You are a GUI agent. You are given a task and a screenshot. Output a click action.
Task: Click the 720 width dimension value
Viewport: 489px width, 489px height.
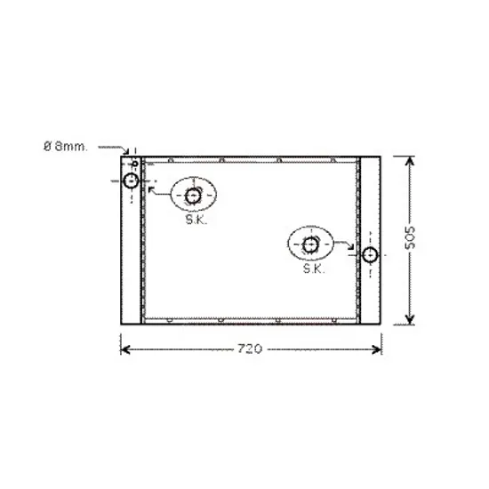[x=250, y=349]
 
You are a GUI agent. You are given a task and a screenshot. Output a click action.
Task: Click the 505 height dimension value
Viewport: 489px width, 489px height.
[x=410, y=237]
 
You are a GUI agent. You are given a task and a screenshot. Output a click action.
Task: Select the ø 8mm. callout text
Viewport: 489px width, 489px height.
[x=66, y=147]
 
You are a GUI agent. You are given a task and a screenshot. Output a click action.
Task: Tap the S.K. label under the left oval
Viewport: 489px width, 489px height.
[x=196, y=220]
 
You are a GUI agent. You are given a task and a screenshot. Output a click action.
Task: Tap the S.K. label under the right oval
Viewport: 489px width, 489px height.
[x=314, y=269]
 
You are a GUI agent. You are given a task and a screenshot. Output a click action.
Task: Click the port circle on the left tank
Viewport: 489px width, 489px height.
[x=131, y=180]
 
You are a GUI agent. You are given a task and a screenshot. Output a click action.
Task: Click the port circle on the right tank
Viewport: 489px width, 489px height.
[x=370, y=255]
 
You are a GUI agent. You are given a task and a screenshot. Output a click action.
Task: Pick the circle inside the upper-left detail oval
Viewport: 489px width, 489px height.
[x=193, y=196]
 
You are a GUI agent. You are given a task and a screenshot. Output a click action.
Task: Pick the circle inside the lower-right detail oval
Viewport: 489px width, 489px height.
[x=310, y=245]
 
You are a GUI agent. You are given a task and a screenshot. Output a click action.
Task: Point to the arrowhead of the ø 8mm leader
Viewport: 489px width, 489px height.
[x=126, y=151]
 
